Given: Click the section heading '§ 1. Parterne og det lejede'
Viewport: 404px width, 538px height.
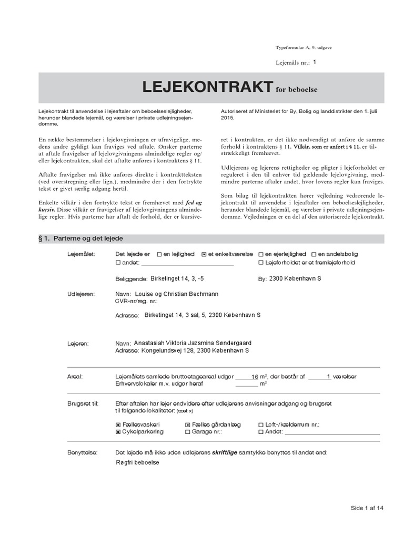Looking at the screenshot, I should (x=80, y=239).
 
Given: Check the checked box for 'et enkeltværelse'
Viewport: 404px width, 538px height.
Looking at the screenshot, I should (x=204, y=254).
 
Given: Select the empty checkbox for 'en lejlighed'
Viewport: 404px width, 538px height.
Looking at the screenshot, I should (x=159, y=254).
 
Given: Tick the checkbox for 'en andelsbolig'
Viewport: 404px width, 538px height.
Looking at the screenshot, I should (x=314, y=254).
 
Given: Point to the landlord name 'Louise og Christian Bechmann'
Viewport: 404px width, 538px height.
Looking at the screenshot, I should (x=176, y=294).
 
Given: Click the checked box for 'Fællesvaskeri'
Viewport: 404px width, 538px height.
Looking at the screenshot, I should (x=118, y=424).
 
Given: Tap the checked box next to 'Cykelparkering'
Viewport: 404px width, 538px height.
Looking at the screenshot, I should (x=118, y=432).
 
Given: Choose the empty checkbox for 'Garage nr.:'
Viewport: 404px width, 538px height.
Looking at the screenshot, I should (x=188, y=432).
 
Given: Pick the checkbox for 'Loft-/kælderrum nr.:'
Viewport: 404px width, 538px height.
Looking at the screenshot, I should (x=261, y=424).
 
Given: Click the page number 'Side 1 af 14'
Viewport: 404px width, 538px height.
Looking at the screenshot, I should (x=368, y=508).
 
